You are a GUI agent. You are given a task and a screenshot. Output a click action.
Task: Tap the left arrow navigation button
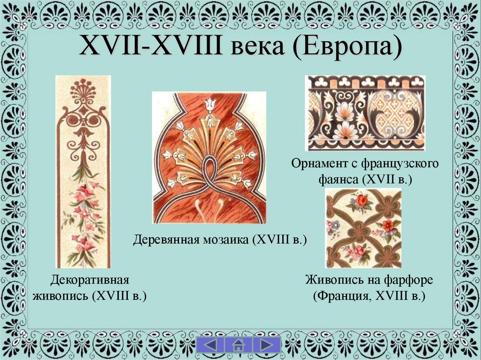pyautogui.click(x=210, y=345)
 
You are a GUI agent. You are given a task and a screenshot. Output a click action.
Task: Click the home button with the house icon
pyautogui.click(x=238, y=345)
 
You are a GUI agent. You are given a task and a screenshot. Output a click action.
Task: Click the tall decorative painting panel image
pyautogui.click(x=83, y=171)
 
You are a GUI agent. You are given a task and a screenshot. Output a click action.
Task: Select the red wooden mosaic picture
pyautogui.click(x=209, y=157)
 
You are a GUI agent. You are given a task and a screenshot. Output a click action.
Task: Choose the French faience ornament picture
pyautogui.click(x=365, y=113)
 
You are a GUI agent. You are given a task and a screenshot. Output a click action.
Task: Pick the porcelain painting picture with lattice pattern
pyautogui.click(x=364, y=228)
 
